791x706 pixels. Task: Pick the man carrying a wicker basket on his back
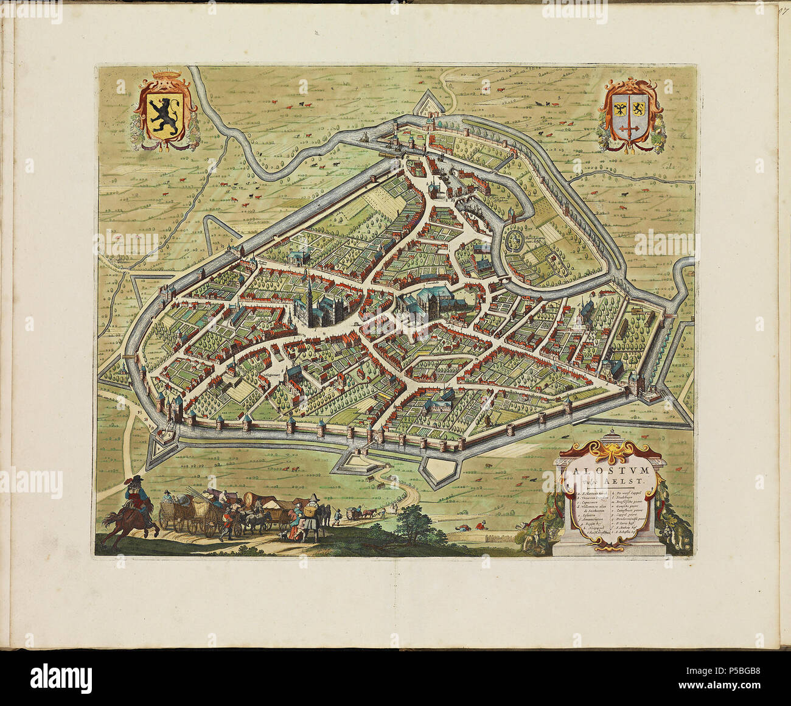click(x=312, y=514)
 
